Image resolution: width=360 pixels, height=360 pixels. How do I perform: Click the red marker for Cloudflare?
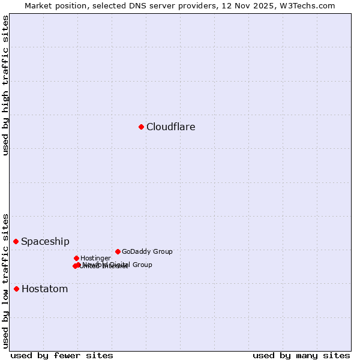coord(141,127)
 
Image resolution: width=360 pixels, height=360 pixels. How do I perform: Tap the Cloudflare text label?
coord(170,127)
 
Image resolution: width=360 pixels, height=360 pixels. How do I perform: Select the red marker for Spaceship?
coord(16,241)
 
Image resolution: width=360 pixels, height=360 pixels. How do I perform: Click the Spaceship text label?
coord(45,242)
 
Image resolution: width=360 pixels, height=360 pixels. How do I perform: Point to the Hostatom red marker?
coord(16,289)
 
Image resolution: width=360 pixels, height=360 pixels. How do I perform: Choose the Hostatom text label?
coord(44,289)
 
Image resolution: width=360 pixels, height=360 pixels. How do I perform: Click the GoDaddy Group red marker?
coord(118,251)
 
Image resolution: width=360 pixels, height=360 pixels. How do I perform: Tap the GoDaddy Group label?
coord(147,252)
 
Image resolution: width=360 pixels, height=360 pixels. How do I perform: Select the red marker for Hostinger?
coord(76,258)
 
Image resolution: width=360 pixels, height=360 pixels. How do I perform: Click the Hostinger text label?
coord(95,259)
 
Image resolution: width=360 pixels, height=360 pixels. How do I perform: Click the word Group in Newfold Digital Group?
coord(142,265)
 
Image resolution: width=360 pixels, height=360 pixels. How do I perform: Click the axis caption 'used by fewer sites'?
coord(62,355)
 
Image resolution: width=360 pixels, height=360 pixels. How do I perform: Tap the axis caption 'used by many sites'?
coord(301,355)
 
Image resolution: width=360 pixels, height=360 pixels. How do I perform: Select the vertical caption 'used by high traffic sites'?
coord(5,85)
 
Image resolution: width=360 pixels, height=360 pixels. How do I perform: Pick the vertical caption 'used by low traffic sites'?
coord(5,280)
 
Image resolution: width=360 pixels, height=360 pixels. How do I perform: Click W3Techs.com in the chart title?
coord(308,6)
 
